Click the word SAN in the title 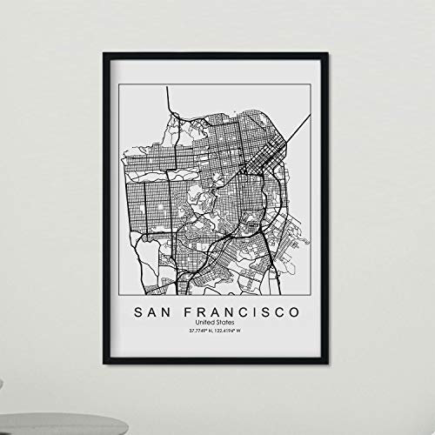[155, 311]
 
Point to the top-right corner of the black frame [328, 55]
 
